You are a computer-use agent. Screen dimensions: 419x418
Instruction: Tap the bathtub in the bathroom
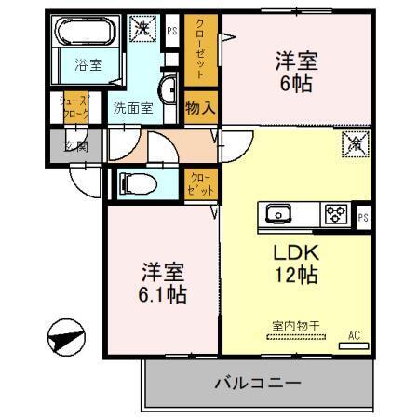(x=83, y=35)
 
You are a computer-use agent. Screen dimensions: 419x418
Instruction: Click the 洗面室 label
(x=132, y=107)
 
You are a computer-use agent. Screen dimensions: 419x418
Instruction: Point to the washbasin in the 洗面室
(x=170, y=90)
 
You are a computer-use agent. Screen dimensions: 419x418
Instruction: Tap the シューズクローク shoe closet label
(x=74, y=107)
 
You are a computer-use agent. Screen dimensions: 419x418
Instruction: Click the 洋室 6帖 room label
(x=295, y=72)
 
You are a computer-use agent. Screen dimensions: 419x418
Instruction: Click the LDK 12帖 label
(x=296, y=264)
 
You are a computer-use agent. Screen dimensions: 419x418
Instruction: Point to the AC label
(x=353, y=334)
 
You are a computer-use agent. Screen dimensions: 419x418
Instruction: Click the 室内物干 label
(x=295, y=326)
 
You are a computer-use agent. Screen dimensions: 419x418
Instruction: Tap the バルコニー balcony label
(x=257, y=384)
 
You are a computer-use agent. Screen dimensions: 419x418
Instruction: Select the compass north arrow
(x=64, y=337)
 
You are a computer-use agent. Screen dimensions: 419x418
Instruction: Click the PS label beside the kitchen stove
(x=361, y=217)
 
